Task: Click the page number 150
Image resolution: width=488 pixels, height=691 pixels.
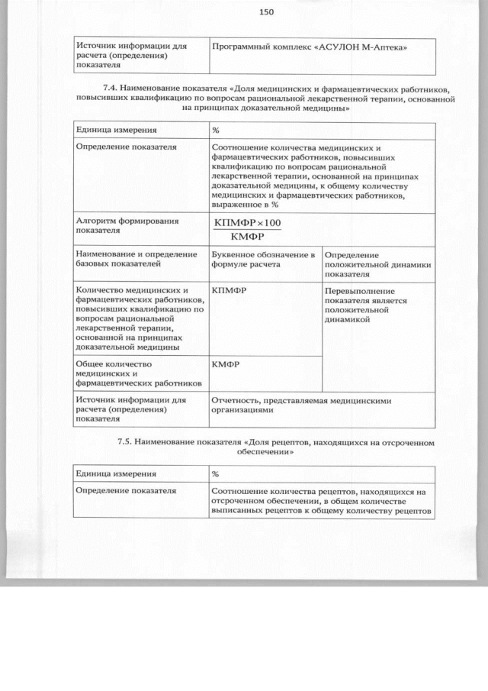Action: (266, 11)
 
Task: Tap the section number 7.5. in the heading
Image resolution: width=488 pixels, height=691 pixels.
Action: (127, 442)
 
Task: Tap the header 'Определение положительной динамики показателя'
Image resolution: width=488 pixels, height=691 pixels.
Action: (377, 263)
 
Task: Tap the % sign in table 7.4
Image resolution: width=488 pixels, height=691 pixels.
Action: (216, 131)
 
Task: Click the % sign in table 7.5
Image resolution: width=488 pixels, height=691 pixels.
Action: (216, 474)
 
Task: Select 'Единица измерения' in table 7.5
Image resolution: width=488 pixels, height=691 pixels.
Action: (116, 474)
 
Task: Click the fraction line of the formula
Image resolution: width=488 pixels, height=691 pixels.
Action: (248, 229)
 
